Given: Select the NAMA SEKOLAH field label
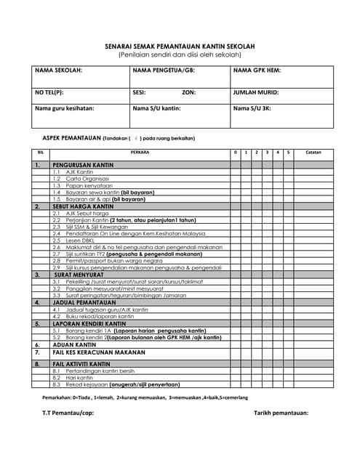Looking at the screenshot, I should tap(58, 70).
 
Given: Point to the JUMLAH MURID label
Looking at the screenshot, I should tap(255, 93).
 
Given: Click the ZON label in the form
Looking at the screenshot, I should tap(188, 93).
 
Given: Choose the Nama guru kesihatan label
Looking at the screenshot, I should tap(65, 108).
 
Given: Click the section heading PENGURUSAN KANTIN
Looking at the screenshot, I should tap(81, 165).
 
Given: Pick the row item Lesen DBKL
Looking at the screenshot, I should tap(81, 240).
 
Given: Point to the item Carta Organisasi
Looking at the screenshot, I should tap(87, 179).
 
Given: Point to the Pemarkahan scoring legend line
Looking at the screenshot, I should tap(145, 398).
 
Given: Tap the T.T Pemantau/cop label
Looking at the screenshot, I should tap(69, 413).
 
